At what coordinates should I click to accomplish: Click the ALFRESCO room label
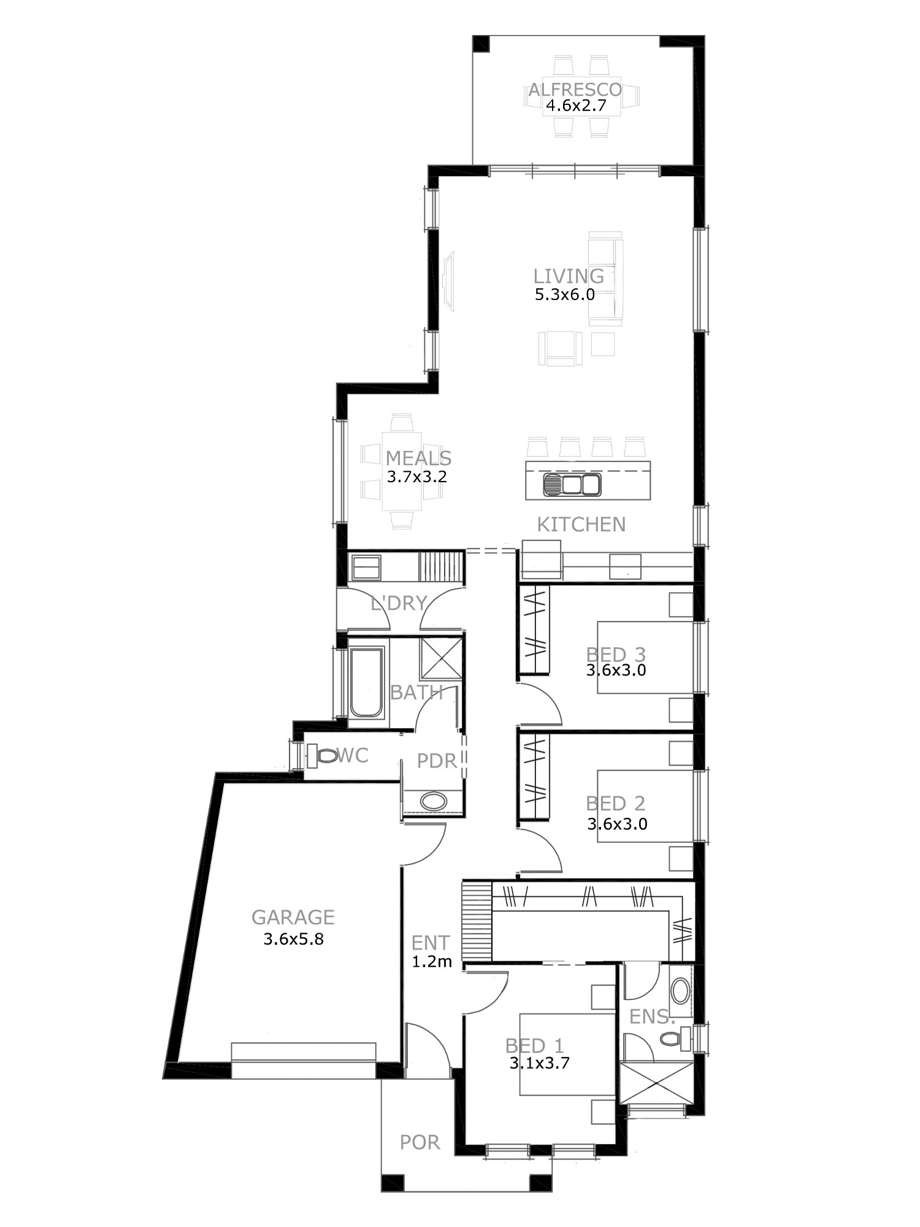pyautogui.click(x=575, y=90)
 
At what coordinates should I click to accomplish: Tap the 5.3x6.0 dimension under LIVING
pyautogui.click(x=565, y=294)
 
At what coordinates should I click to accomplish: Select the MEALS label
pyautogui.click(x=418, y=458)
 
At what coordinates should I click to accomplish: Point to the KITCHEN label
pyautogui.click(x=581, y=525)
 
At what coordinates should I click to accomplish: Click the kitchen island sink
pyautogui.click(x=572, y=485)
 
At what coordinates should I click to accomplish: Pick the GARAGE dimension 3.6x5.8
pyautogui.click(x=293, y=939)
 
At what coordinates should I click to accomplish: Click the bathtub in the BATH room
pyautogui.click(x=366, y=682)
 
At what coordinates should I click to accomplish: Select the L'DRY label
pyautogui.click(x=399, y=603)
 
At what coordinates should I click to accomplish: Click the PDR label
pyautogui.click(x=437, y=761)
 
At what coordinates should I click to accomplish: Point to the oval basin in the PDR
pyautogui.click(x=434, y=801)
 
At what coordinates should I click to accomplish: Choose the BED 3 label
pyautogui.click(x=616, y=655)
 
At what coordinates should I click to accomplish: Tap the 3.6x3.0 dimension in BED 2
pyautogui.click(x=617, y=824)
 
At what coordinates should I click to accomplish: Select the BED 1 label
pyautogui.click(x=535, y=1045)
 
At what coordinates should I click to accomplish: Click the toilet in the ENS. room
pyautogui.click(x=676, y=1039)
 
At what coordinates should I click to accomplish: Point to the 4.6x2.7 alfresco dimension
pyautogui.click(x=576, y=106)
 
